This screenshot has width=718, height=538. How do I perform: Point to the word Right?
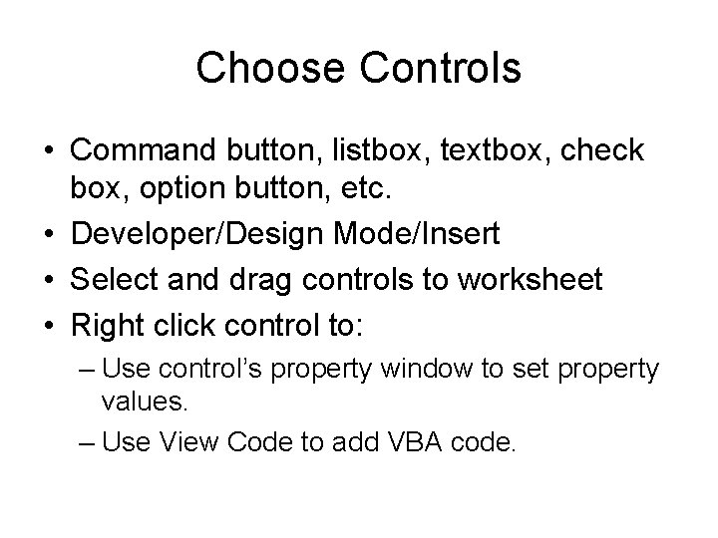point(109,323)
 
